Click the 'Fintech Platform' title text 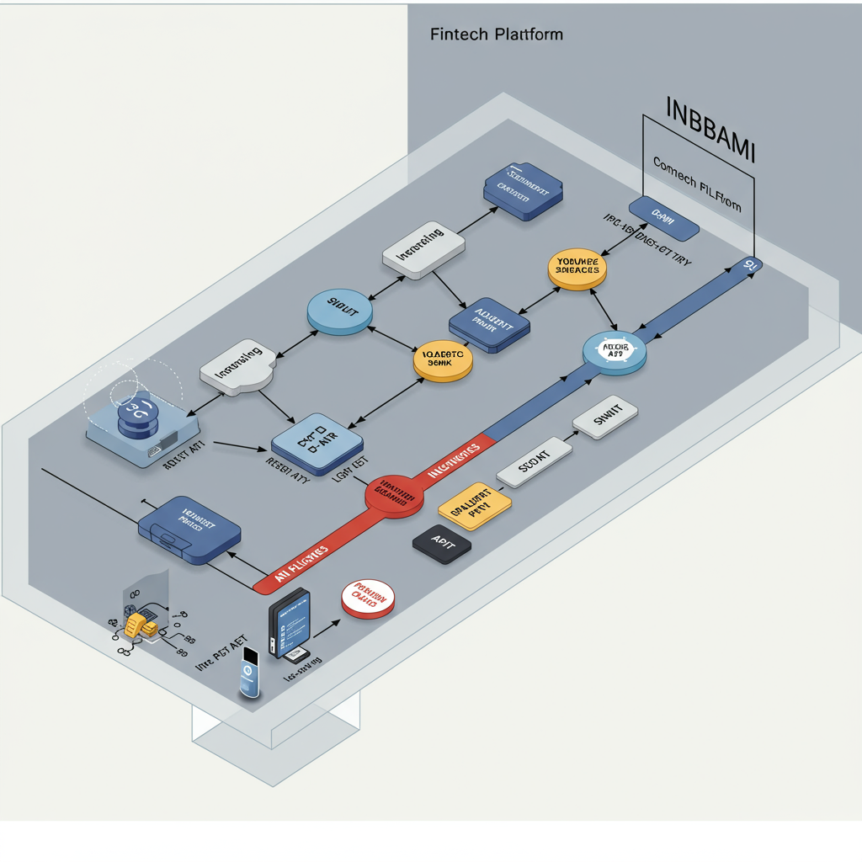pos(496,35)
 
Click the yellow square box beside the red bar pos(475,506)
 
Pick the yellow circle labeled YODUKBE pos(577,269)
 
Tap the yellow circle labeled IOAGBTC pos(443,360)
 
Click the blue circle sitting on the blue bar pos(615,351)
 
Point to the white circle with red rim pos(369,599)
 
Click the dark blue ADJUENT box pos(489,325)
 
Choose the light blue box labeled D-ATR pos(317,443)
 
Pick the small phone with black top pos(249,673)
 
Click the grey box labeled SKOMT pos(534,461)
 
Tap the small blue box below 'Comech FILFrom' pos(663,217)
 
